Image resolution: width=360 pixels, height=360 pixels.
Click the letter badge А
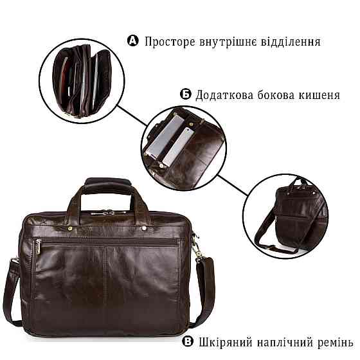(134, 42)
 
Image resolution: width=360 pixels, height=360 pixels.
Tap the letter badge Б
(184, 94)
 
